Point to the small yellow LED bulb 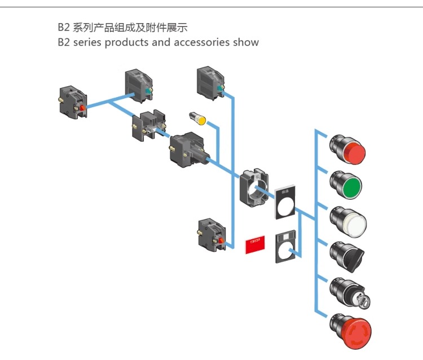point(198,118)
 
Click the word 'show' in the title point(246,42)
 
